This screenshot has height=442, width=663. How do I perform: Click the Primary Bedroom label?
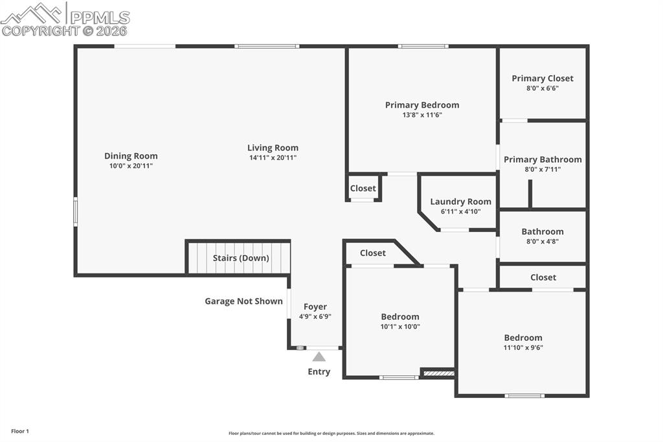(421, 105)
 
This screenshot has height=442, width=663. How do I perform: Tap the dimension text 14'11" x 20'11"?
(273, 157)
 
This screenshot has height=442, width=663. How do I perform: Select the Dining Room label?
(131, 156)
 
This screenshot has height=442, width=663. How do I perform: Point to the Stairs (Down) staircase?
(240, 258)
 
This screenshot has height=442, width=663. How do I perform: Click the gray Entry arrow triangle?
(319, 356)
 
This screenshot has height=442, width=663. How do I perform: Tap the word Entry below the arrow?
(319, 371)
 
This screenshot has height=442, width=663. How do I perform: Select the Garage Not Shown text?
(243, 301)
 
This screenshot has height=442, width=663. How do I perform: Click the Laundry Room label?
(460, 202)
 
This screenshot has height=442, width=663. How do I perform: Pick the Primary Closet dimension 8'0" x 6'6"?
(542, 88)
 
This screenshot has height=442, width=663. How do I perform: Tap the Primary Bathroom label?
(543, 159)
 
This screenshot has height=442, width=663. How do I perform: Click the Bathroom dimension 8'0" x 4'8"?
(542, 241)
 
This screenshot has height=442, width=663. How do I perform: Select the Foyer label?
(315, 307)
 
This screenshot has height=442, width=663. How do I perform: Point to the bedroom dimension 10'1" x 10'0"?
(399, 327)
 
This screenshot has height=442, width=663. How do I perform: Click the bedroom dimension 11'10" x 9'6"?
(523, 347)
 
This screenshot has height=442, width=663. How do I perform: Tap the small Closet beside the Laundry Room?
(363, 188)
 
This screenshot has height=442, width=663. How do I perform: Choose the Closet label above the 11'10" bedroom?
(543, 277)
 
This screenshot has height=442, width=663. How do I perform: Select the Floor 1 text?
(20, 431)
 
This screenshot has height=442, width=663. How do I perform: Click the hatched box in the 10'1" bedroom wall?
(438, 373)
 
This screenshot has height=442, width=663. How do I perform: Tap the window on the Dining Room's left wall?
(75, 212)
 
